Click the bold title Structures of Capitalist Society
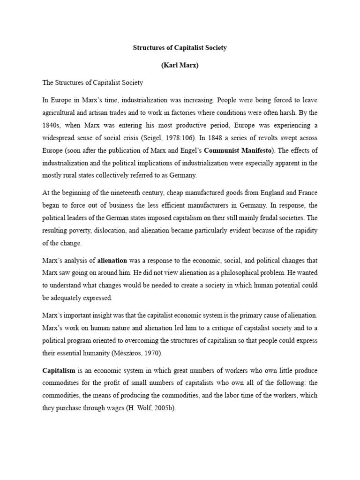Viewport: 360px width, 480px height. (x=180, y=48)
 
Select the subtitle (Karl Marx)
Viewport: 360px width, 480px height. (x=180, y=65)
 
